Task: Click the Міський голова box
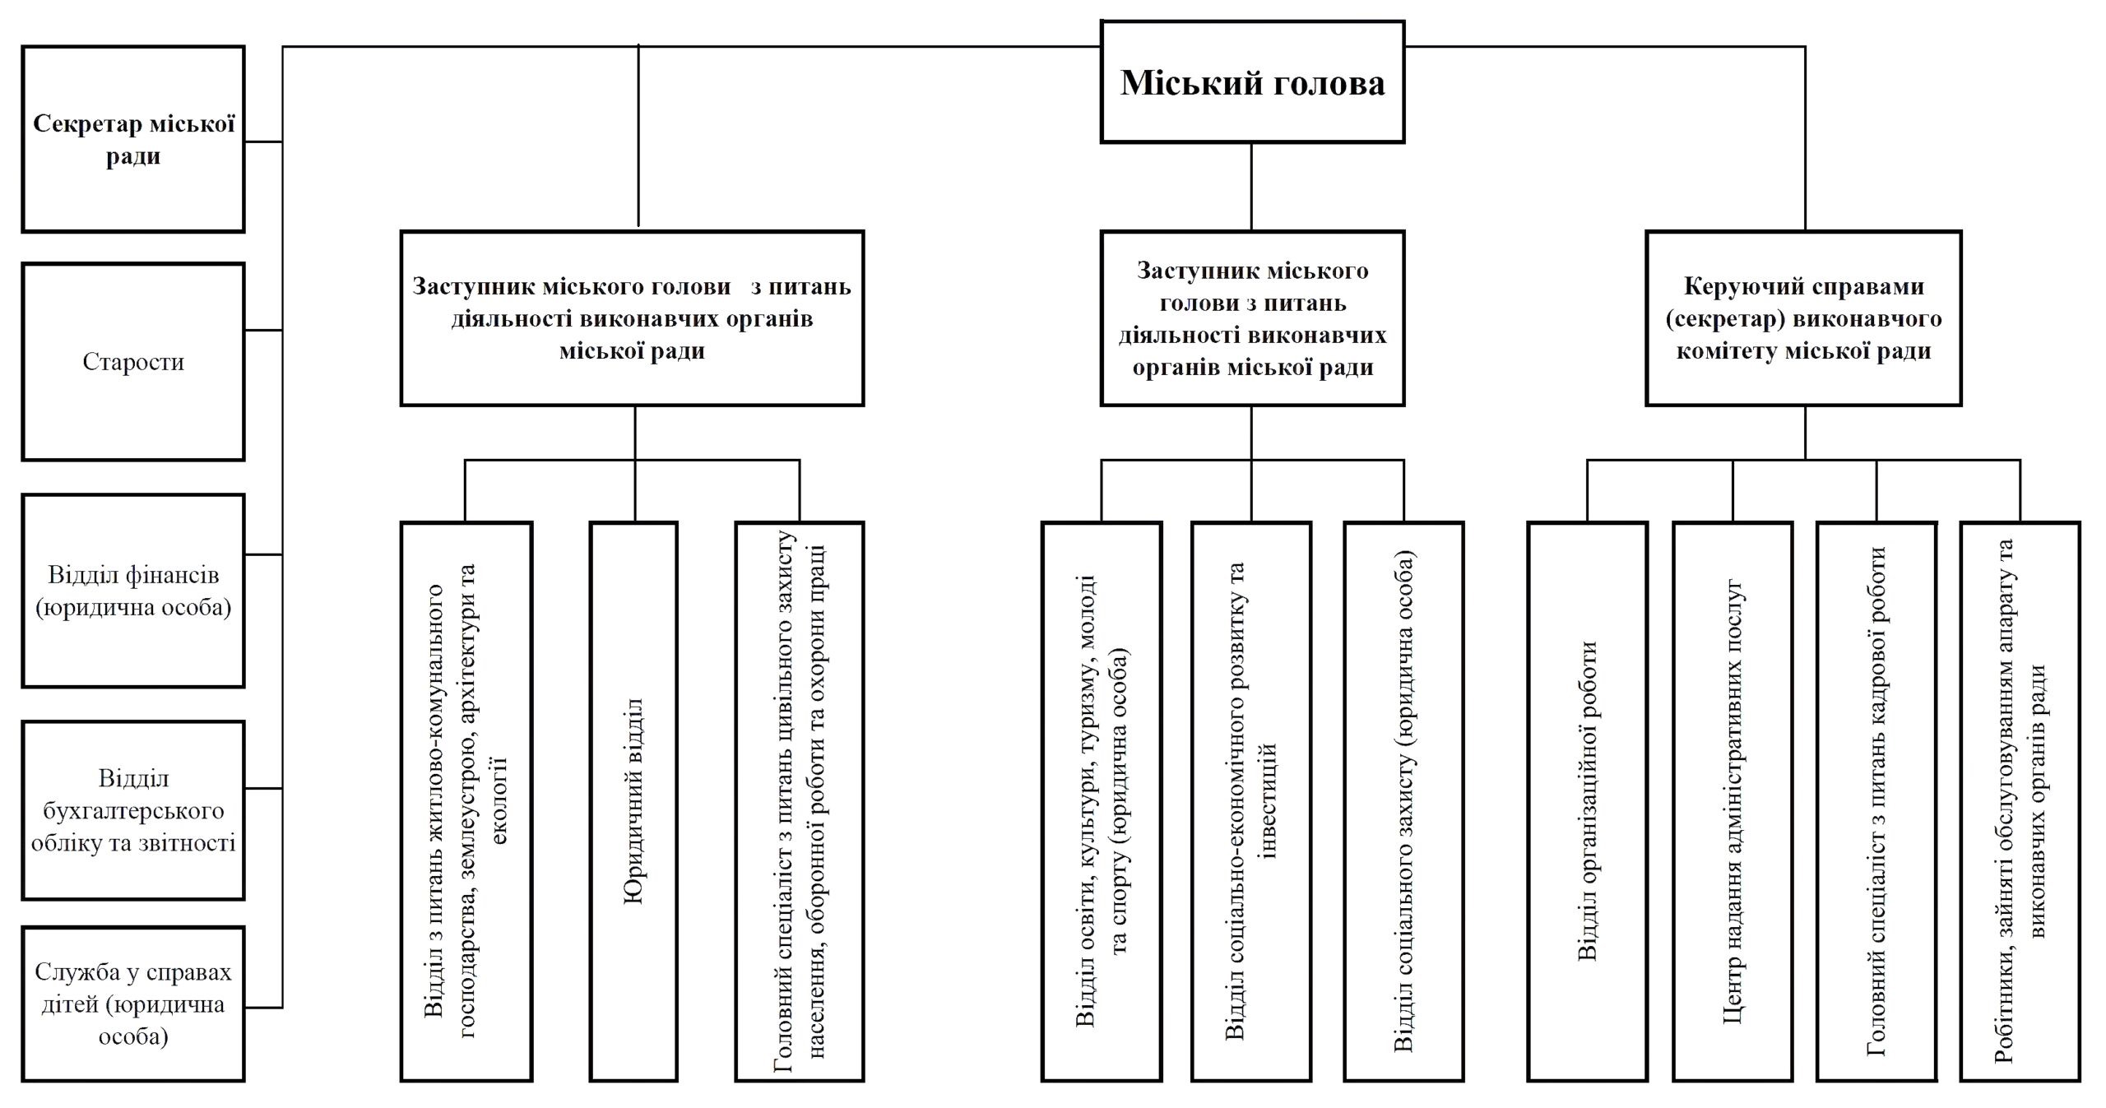pos(1251,82)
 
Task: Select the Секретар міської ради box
pos(133,139)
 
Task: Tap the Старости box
pos(133,361)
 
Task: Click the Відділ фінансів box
pos(133,591)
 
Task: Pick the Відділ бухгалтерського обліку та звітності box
pos(133,810)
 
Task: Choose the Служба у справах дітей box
pos(133,1004)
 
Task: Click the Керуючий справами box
pos(1803,318)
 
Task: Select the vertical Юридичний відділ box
pos(633,800)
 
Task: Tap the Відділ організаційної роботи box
pos(1587,800)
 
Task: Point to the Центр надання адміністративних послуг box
pos(1732,800)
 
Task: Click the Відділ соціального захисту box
pos(1403,800)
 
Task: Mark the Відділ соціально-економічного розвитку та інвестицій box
pos(1250,800)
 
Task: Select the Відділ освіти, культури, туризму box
pos(1102,800)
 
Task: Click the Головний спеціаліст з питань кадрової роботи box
pos(1876,800)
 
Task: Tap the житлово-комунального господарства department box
pos(466,800)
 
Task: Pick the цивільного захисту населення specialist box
pos(799,800)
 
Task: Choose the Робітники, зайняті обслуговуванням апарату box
pos(2020,800)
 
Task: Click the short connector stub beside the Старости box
pos(263,331)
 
